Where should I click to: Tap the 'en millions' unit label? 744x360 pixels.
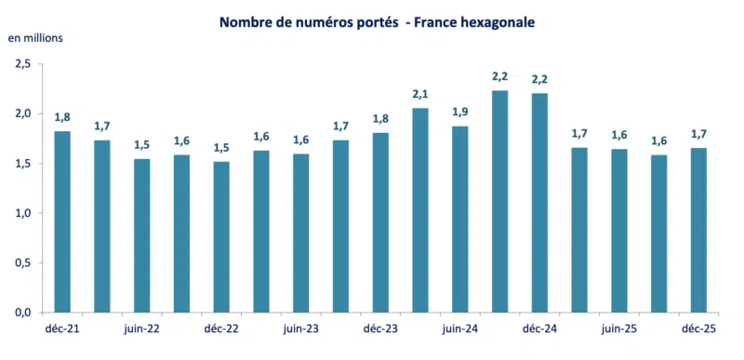35,38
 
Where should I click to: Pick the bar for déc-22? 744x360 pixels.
221,236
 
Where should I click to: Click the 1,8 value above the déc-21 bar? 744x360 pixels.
62,117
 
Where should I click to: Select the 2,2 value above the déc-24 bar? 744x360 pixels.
539,79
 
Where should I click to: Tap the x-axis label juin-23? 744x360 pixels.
300,328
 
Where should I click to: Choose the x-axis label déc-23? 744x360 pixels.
380,328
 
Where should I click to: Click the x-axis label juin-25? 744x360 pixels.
618,328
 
